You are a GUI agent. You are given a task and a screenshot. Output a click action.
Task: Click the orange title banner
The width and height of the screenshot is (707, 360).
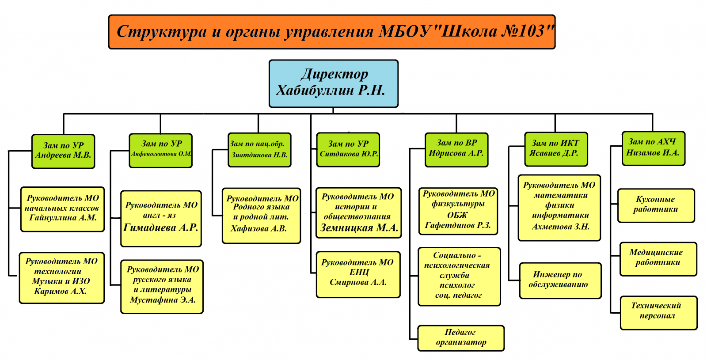tap(331, 32)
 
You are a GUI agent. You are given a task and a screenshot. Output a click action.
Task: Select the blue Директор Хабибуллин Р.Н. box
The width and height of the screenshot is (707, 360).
tap(333, 83)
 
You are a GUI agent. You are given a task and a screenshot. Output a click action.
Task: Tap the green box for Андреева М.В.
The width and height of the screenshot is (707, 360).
tap(63, 151)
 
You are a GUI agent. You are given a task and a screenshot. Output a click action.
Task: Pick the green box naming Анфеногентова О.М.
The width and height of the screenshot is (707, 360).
tap(160, 150)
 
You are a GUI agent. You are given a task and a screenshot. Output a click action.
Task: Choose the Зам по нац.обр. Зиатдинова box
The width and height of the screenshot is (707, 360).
tap(259, 150)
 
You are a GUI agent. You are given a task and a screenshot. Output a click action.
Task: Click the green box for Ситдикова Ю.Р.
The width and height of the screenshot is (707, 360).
tap(348, 149)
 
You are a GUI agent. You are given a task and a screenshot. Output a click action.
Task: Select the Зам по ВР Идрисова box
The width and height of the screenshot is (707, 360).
tap(456, 150)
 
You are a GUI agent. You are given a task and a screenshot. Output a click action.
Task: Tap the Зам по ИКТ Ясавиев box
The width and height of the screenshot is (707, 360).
tap(556, 149)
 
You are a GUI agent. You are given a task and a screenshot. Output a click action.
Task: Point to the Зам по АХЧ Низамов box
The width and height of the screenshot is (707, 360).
tap(653, 148)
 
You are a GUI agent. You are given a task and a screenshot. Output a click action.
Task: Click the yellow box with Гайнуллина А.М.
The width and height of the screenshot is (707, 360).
tap(62, 209)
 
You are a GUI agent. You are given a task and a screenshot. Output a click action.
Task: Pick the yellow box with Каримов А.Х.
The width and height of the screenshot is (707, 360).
tap(61, 277)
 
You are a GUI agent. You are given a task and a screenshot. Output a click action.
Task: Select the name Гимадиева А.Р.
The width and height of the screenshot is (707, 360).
tap(161, 228)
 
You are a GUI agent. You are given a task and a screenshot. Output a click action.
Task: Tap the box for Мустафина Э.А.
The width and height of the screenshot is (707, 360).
tap(162, 286)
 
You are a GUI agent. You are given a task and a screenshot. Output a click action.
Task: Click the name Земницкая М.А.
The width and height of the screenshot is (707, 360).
tap(359, 228)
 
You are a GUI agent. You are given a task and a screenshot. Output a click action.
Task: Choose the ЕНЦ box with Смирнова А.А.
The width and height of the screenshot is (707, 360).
tap(358, 274)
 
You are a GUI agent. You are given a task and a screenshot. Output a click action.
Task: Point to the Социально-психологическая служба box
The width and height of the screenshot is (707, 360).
tap(459, 276)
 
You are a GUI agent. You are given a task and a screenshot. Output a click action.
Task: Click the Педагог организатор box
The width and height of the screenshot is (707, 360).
tap(461, 338)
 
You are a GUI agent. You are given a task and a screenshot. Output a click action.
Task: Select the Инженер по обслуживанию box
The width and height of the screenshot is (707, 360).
tap(560, 280)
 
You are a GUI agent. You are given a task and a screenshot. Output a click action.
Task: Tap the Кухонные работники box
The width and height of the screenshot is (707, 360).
tap(656, 205)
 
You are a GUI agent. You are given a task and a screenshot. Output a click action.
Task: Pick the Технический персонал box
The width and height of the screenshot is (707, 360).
tap(658, 312)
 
